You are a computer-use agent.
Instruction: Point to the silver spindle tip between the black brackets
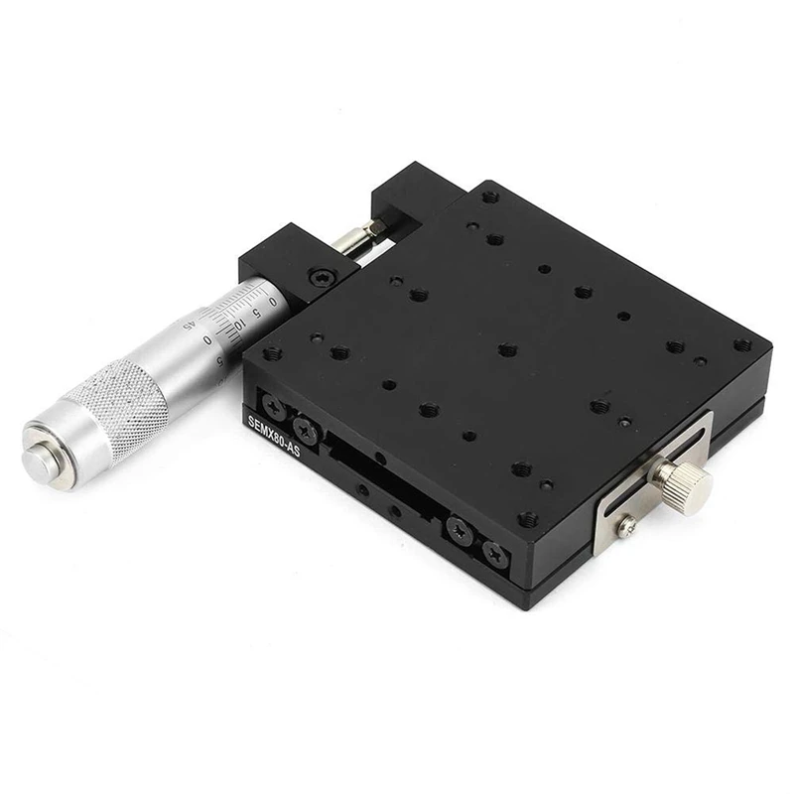tap(360, 237)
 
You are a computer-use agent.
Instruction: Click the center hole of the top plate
tap(507, 349)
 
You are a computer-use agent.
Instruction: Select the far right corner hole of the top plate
tap(741, 345)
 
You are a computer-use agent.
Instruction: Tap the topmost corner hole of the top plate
tap(488, 198)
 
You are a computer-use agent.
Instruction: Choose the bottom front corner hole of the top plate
tap(527, 518)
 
